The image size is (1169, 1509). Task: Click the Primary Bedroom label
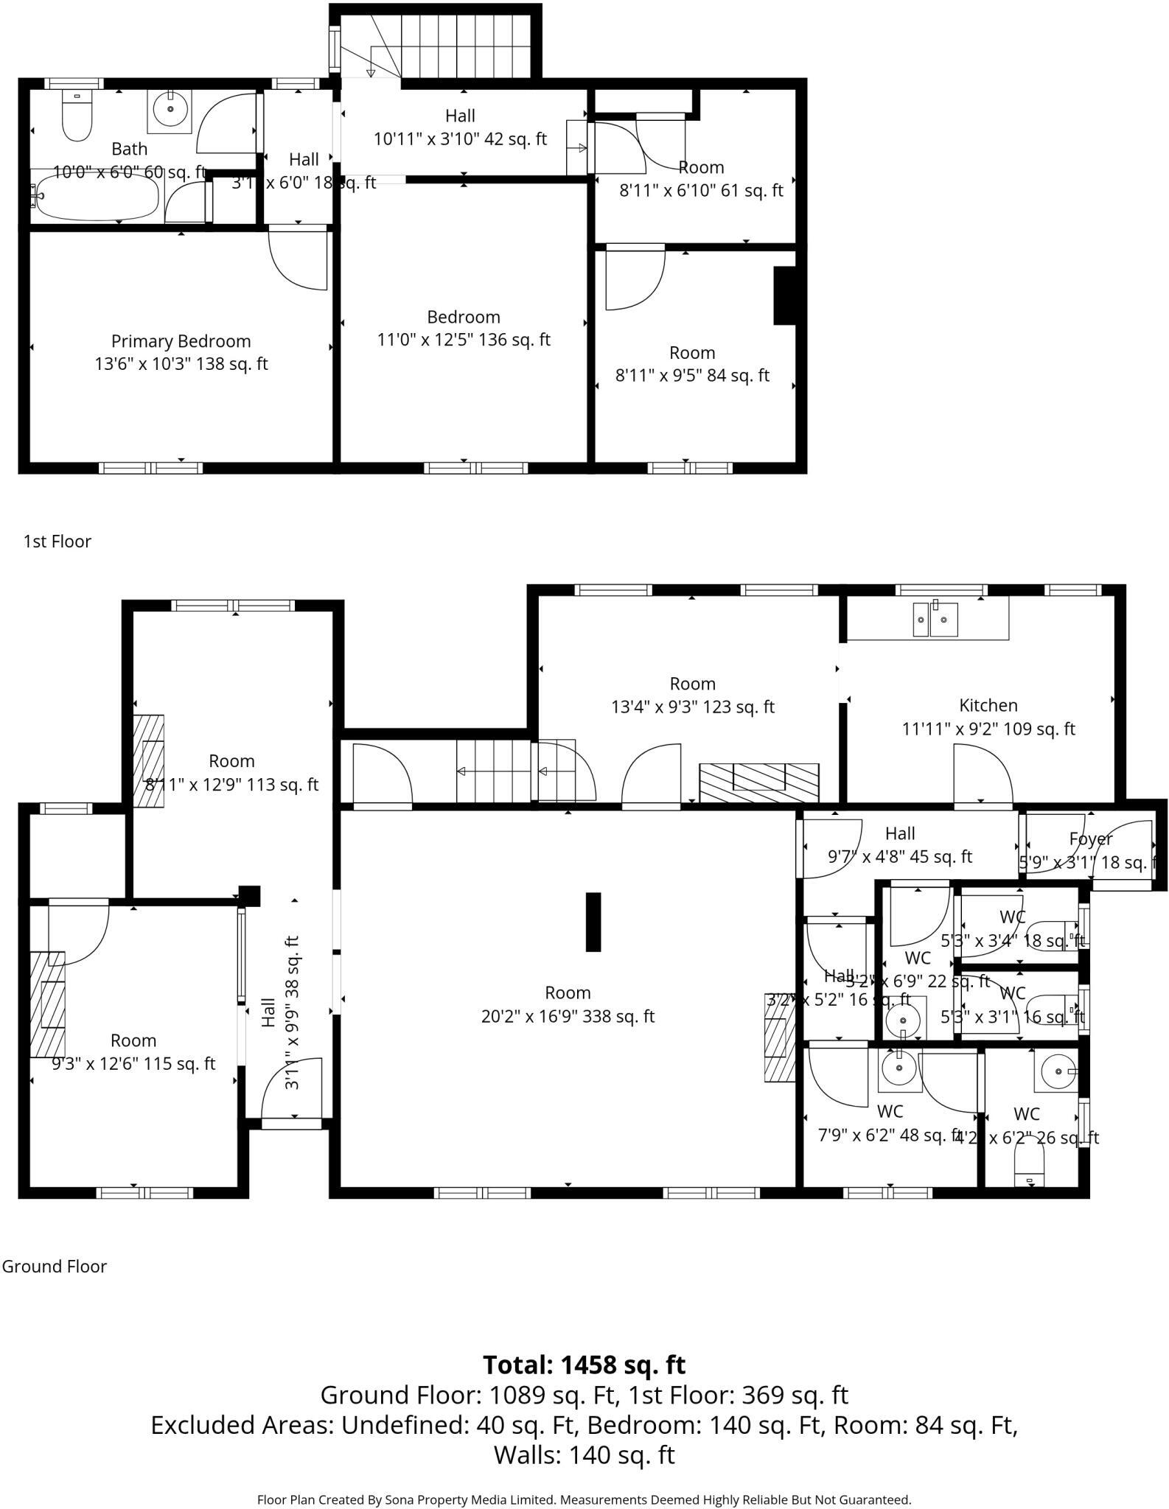point(181,341)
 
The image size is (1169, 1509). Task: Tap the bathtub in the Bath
point(97,197)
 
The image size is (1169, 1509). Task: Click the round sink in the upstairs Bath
point(171,109)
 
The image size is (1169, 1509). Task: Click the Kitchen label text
point(988,705)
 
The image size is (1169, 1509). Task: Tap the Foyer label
point(1090,838)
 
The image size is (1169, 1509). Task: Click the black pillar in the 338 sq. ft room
point(593,922)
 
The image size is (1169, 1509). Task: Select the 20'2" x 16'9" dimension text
point(568,1016)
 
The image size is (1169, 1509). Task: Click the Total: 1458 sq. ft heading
point(584,1365)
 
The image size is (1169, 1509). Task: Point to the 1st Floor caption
point(57,542)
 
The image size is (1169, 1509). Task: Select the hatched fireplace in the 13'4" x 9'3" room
point(758,782)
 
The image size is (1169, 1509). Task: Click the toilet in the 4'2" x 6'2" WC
point(1029,1170)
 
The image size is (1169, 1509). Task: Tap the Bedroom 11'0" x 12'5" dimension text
point(464,340)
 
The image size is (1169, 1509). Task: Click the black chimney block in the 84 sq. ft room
point(784,295)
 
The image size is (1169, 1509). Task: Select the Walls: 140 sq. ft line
point(584,1455)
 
